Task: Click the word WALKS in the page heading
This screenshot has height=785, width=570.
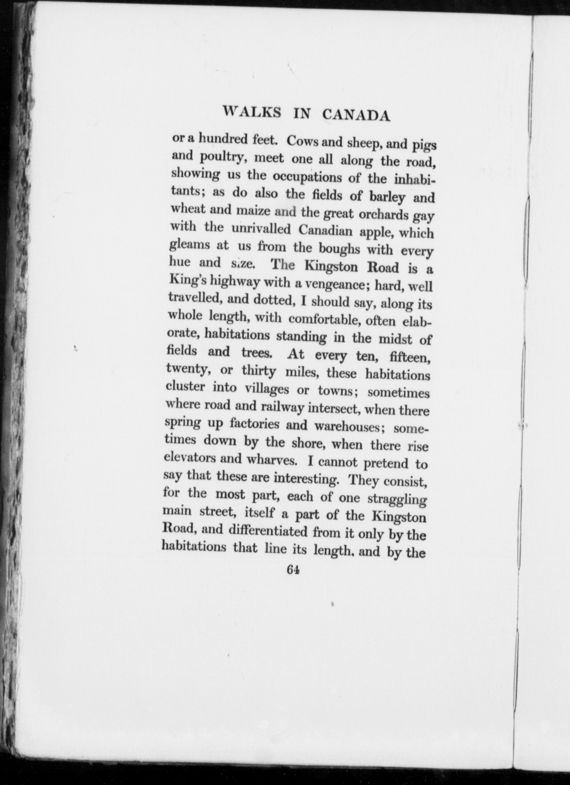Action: (251, 112)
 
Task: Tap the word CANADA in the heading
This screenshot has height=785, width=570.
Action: (356, 115)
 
